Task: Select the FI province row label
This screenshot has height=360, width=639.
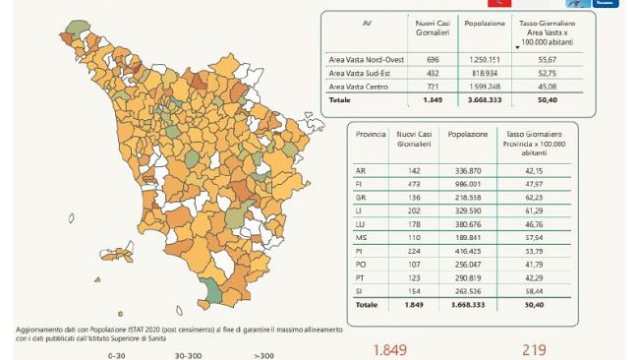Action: tap(360, 183)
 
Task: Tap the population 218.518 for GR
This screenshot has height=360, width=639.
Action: tap(463, 197)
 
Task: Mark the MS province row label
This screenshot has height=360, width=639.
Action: tap(361, 237)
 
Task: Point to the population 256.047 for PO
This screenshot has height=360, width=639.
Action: tap(463, 265)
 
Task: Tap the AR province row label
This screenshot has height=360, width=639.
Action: tap(360, 169)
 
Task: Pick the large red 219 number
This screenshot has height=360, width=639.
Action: tap(532, 350)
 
